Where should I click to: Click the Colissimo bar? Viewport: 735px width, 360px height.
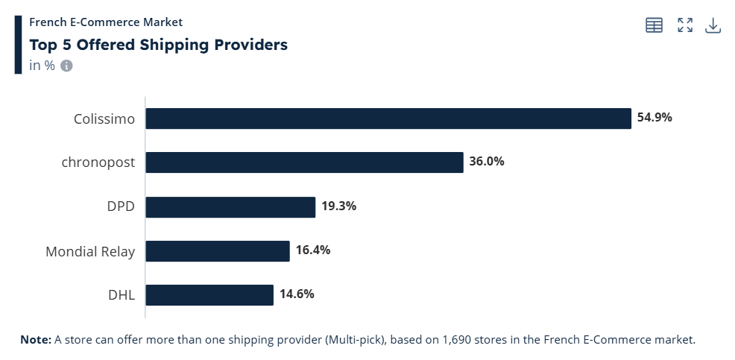(388, 119)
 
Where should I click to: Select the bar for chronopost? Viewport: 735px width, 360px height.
(304, 162)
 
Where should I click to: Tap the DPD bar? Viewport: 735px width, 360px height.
(230, 207)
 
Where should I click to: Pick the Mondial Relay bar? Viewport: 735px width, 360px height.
(217, 251)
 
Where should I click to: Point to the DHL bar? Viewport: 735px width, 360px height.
(209, 295)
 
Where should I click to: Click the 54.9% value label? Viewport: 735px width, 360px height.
(654, 117)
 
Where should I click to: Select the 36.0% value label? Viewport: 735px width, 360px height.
(487, 161)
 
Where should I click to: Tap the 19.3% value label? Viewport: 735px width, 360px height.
(338, 206)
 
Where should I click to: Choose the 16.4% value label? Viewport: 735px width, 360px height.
(313, 250)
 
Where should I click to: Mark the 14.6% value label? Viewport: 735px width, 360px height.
(297, 294)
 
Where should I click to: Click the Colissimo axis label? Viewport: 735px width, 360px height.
(104, 119)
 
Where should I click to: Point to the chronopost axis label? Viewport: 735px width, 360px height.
(98, 162)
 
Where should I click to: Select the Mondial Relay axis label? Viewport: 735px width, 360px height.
(90, 251)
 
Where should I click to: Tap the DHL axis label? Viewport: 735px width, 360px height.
(122, 295)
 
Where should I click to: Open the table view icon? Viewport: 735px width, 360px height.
(654, 25)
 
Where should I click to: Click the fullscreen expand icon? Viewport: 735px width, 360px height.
(685, 25)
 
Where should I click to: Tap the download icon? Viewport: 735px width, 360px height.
(713, 25)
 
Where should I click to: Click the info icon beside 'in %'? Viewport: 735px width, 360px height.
(66, 66)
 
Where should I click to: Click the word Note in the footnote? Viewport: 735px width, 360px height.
(35, 340)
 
